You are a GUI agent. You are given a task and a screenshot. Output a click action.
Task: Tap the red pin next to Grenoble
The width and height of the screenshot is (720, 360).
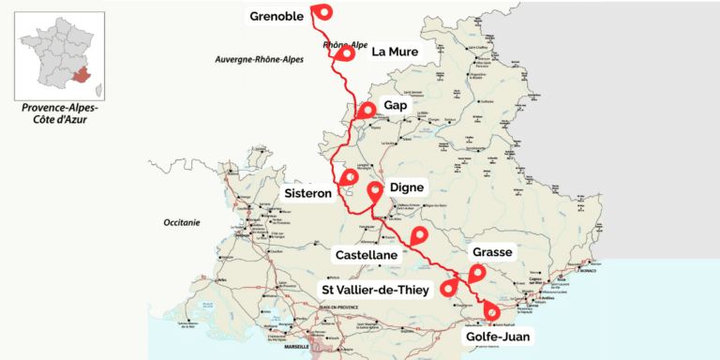coord(323,12)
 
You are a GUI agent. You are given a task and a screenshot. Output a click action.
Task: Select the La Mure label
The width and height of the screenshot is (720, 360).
coord(396,52)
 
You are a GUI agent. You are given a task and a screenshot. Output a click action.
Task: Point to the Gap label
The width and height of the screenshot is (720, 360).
coord(397,106)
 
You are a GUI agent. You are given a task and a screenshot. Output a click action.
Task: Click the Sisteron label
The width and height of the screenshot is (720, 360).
coord(308,193)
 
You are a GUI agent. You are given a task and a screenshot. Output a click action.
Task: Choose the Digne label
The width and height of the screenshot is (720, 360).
coord(407,187)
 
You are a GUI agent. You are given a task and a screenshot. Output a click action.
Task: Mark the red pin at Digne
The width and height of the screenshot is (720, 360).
coord(375,191)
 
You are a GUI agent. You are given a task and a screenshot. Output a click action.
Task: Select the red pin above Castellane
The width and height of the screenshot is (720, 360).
coord(419,235)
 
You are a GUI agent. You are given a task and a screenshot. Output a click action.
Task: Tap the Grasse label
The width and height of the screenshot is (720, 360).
coord(492,253)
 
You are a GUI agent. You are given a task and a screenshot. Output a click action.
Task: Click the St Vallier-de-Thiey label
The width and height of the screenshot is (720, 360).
coord(375,290)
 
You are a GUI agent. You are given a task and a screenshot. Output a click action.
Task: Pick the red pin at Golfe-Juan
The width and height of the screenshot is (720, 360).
coord(491,310)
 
